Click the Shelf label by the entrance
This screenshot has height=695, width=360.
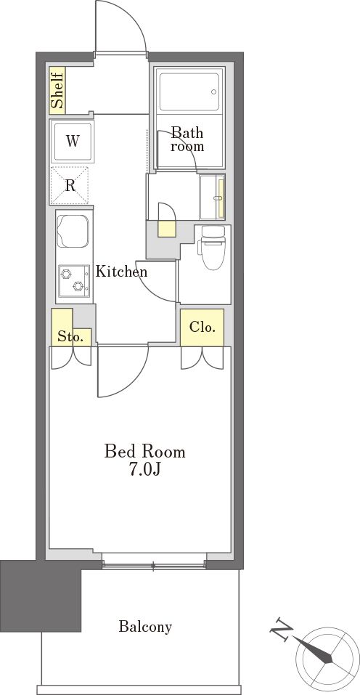click(x=57, y=91)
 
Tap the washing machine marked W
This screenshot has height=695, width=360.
click(x=73, y=142)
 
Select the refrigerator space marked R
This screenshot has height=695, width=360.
click(x=70, y=185)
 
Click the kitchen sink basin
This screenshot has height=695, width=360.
click(x=73, y=231)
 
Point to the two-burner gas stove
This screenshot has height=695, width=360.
click(x=74, y=281)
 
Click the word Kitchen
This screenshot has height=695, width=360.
click(x=122, y=272)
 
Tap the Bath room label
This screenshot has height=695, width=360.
click(x=188, y=139)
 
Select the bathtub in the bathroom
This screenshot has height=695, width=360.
click(x=189, y=92)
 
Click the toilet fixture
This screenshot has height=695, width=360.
click(x=213, y=248)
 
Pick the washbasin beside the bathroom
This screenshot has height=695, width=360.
click(x=213, y=197)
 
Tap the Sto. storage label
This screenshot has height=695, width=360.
click(x=71, y=337)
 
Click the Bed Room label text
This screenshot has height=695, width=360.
click(x=144, y=452)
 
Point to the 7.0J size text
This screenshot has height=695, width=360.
click(x=144, y=469)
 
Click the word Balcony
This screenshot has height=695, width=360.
click(x=145, y=627)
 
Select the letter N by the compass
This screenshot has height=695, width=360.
click(x=282, y=627)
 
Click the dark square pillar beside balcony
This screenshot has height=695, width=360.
click(x=41, y=596)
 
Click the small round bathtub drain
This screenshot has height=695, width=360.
click(x=214, y=92)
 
